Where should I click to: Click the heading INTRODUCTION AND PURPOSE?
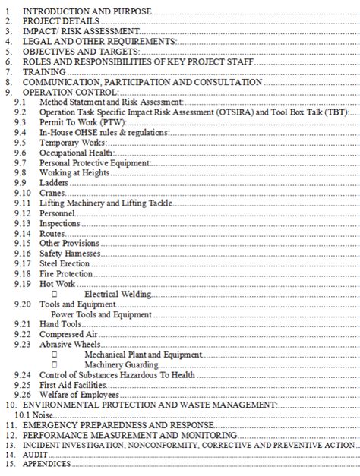pos(87,11)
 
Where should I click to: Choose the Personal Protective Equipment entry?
pos(94,162)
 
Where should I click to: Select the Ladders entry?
pos(53,182)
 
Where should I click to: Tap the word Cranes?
pos(52,193)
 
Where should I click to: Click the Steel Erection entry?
pos(65,263)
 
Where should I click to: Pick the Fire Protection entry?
pos(66,273)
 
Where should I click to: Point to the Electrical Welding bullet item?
pos(118,294)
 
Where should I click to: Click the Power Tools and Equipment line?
pos(101,314)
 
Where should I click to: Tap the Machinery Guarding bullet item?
pos(122,364)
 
